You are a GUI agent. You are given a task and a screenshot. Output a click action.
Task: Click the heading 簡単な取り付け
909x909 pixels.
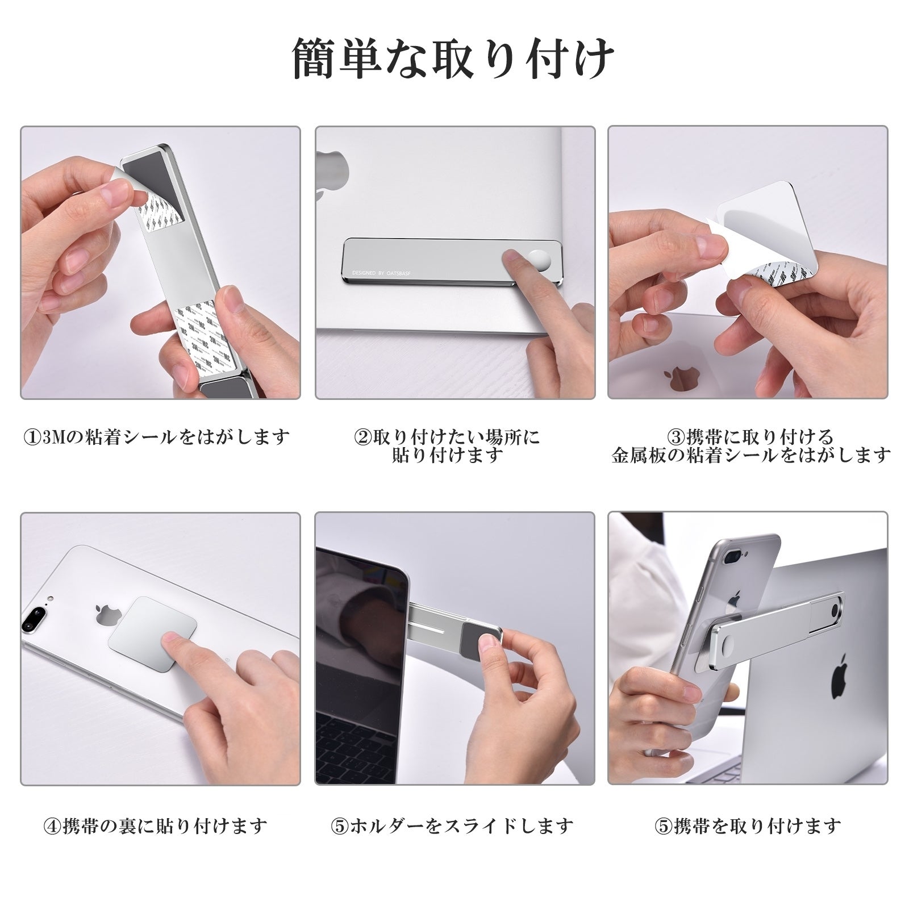[453, 59]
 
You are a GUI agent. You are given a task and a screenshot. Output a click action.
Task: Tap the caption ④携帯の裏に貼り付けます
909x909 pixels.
[156, 825]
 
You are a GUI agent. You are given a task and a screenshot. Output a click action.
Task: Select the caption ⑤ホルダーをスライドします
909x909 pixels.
[452, 825]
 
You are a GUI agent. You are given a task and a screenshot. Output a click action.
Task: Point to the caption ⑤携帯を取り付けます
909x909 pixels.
[748, 825]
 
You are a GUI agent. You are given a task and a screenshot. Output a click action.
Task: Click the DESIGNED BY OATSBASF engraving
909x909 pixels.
[377, 273]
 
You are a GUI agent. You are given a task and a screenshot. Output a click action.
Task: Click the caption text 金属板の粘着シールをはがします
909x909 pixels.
[751, 455]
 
